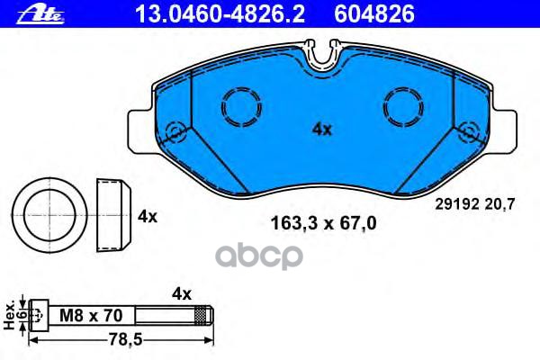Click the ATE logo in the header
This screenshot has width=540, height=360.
pos(40,14)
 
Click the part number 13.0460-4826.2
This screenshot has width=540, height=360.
pos(220,14)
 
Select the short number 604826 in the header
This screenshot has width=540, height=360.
pos(374,14)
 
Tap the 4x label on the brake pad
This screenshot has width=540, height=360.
pos(321,130)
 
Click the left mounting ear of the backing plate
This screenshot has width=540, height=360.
pos(142,131)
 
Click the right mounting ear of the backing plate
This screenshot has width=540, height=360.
pos(504,130)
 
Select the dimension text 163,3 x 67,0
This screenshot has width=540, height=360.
pos(323,223)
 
